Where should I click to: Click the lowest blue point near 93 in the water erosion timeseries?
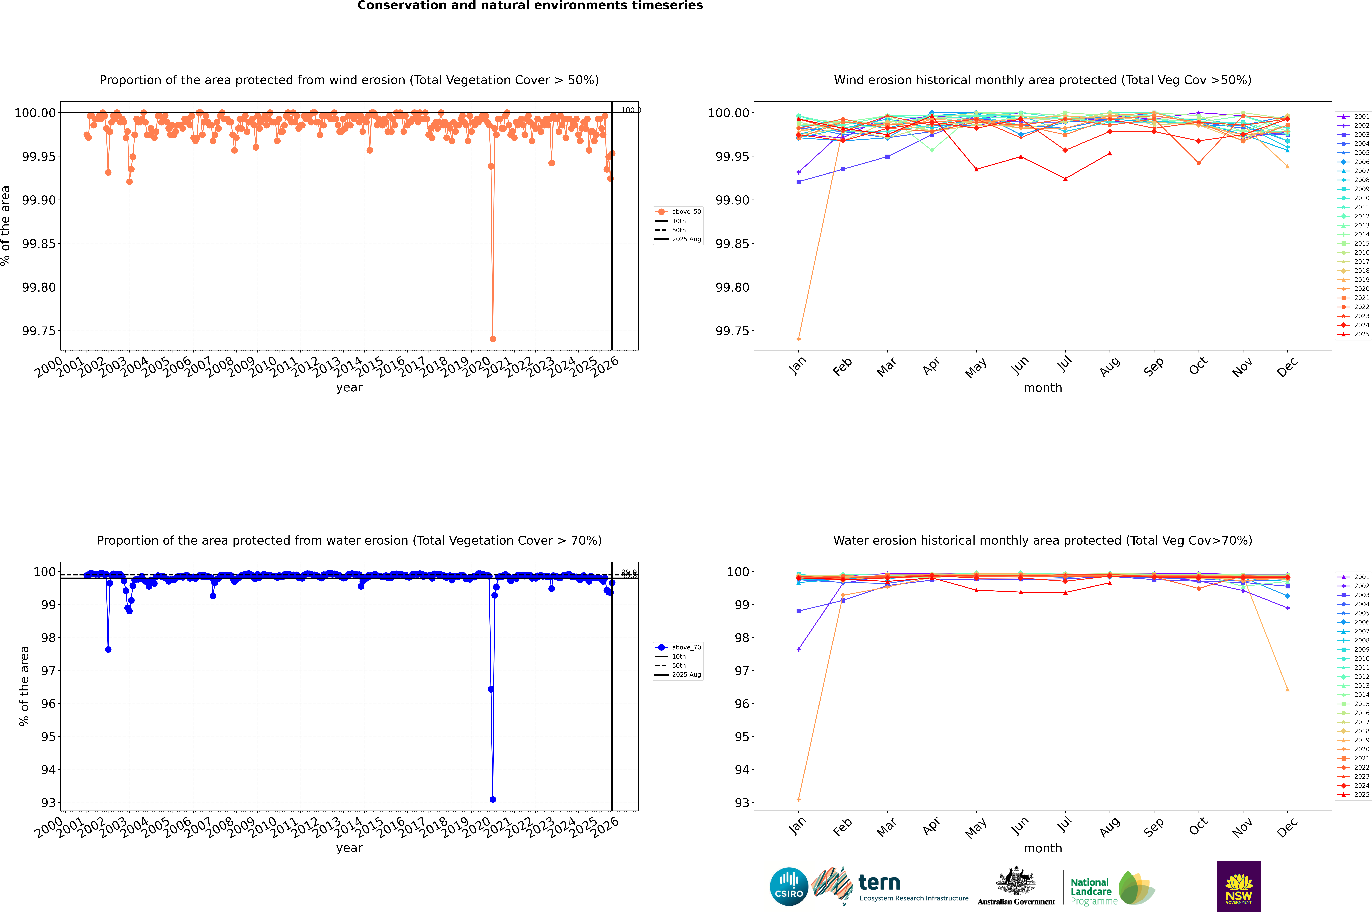coord(493,799)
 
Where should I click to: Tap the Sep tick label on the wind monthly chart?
coord(1153,366)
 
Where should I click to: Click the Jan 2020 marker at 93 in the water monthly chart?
coord(799,799)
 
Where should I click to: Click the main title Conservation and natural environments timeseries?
coord(530,6)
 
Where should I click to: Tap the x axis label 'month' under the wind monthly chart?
coord(1042,388)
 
